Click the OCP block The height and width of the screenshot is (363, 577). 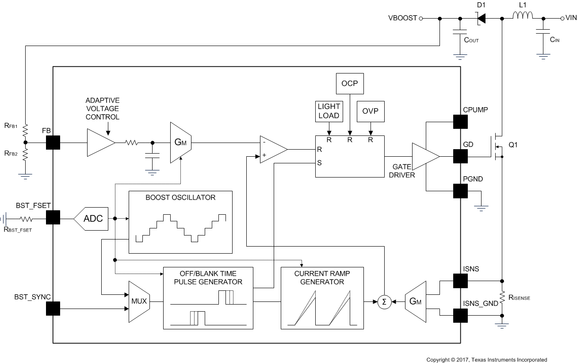point(350,84)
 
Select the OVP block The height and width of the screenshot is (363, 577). point(371,111)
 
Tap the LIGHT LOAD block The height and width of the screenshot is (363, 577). point(329,111)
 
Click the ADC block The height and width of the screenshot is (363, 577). point(91,219)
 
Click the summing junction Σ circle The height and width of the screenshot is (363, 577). point(384,301)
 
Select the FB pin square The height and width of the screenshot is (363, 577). point(53,143)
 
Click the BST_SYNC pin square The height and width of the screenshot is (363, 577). point(53,309)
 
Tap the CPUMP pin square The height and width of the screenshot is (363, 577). point(460,122)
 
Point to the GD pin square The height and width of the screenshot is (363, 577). point(460,156)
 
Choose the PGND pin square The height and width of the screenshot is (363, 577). point(460,191)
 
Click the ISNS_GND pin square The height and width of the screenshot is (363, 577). point(460,315)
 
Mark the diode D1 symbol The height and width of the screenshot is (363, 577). point(481,19)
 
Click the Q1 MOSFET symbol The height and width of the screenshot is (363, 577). point(497,146)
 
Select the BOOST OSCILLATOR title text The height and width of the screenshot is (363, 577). point(180,197)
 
